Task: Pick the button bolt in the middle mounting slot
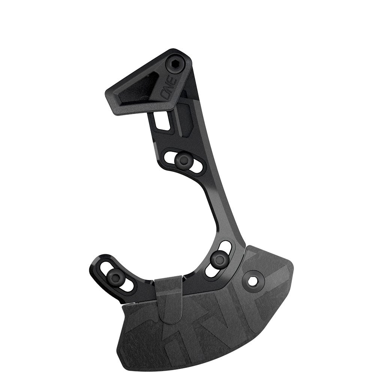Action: tap(184, 160)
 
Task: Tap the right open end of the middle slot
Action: tap(196, 167)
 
